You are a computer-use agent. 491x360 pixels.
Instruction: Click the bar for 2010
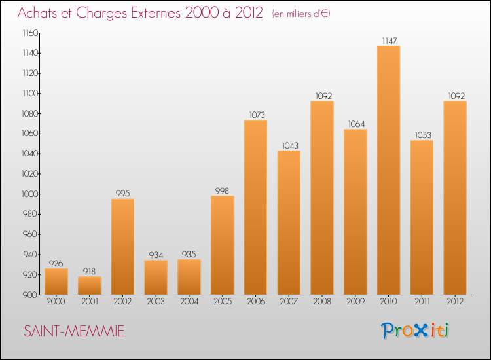point(388,170)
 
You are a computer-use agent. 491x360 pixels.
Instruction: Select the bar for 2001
point(90,285)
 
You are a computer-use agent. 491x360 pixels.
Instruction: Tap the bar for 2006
point(255,207)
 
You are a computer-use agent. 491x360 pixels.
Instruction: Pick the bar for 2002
point(122,247)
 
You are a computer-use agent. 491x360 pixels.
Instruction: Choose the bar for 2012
point(455,198)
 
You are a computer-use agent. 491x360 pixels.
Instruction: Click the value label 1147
point(388,41)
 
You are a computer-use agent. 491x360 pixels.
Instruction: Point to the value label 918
point(90,272)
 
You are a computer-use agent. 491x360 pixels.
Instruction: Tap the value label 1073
point(255,115)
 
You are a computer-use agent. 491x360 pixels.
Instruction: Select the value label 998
point(223,191)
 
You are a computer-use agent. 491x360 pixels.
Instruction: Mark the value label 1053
point(422,135)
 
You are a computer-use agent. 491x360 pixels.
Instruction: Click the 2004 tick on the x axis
point(189,302)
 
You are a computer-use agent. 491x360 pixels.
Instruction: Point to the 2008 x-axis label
point(322,302)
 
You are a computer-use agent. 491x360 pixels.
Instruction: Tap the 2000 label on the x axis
point(56,302)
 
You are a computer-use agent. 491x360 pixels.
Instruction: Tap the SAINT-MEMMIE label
point(73,332)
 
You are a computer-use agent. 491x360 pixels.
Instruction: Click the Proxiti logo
point(415,331)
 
